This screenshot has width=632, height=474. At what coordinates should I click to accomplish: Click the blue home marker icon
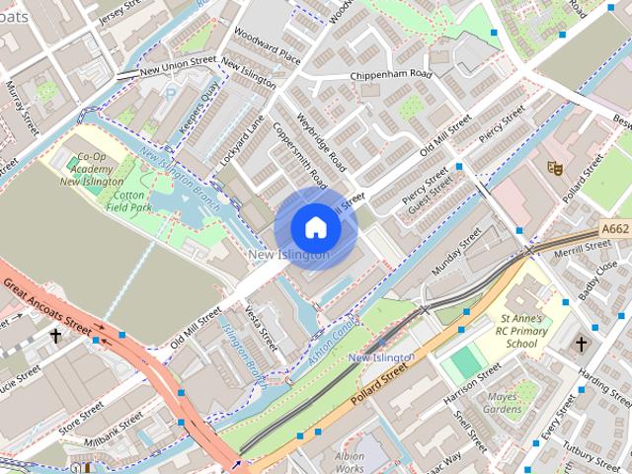[x=316, y=228]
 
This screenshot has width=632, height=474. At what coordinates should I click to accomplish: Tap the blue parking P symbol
[x=170, y=95]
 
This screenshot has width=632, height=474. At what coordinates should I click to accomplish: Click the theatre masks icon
[x=555, y=169]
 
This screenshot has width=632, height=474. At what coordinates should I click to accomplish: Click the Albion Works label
[x=350, y=462]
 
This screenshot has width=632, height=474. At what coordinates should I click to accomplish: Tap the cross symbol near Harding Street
[x=581, y=344]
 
